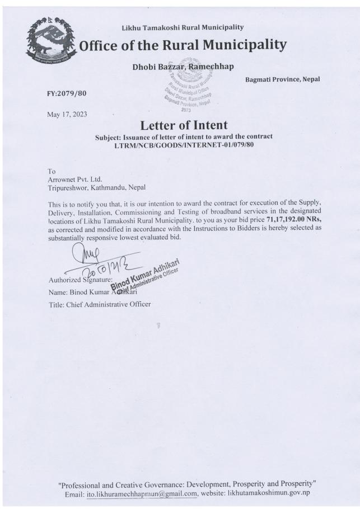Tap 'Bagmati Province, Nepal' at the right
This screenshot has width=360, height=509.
point(282,79)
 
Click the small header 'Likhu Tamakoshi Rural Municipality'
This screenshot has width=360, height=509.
point(183,27)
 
